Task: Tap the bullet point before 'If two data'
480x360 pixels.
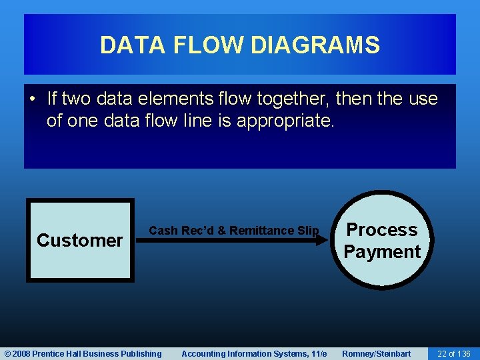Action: pos(33,99)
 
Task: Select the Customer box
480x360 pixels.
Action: pos(80,239)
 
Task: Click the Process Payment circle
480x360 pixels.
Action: pos(382,241)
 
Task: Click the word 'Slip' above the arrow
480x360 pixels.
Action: pos(308,231)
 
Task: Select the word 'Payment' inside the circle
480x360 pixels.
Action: pos(382,252)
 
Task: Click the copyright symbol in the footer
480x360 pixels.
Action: pos(8,353)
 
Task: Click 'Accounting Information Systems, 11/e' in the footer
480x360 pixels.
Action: pos(254,353)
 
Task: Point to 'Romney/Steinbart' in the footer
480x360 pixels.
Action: pos(376,353)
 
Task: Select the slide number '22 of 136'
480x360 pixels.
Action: pos(453,353)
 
